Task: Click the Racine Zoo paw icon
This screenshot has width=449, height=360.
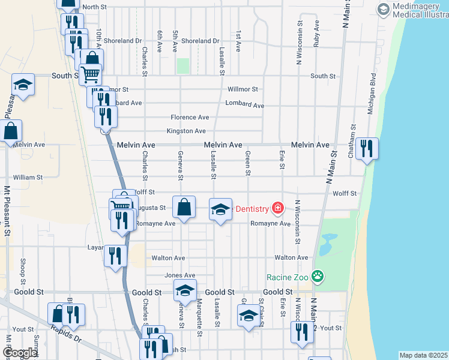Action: coord(318,277)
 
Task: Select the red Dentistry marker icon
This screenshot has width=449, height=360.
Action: coord(277,208)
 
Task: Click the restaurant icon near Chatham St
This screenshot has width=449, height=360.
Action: coord(367,148)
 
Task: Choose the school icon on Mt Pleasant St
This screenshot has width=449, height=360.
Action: coord(23,85)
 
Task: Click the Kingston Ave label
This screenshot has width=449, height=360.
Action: coord(186,131)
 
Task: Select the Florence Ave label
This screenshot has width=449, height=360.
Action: coord(190,117)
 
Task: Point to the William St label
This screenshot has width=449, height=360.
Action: coord(28,178)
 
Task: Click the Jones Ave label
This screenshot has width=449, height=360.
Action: coord(179,275)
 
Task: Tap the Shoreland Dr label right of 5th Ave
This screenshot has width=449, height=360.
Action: coord(200,41)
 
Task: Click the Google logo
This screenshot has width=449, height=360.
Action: coord(20,353)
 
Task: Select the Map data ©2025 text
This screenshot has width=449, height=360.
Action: coord(423,355)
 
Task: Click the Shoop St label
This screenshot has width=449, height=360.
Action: coord(23,271)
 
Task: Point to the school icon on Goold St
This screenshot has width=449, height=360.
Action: coord(185,292)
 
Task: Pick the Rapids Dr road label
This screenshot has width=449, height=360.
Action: coord(66,331)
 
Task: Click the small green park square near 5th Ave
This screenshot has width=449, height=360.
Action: coord(182,66)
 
